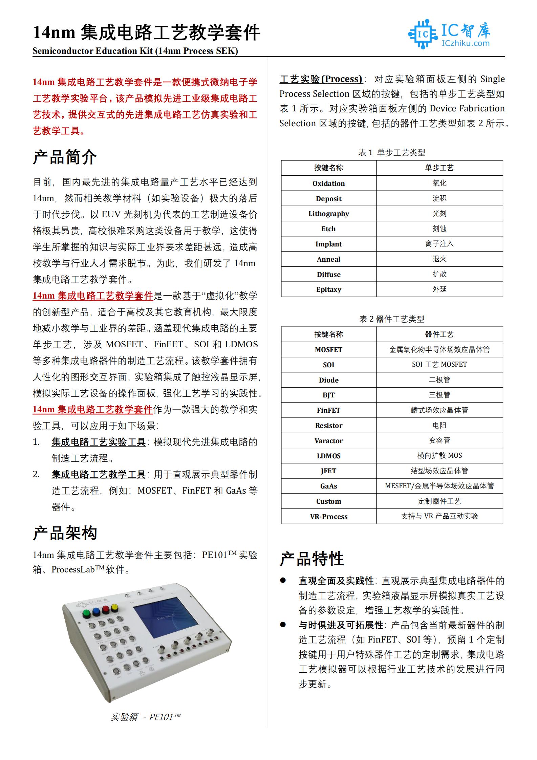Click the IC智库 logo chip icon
click(423, 34)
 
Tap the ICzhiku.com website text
click(465, 43)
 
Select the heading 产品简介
click(65, 157)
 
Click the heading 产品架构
click(65, 533)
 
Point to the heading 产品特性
click(312, 559)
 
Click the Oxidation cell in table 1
click(328, 183)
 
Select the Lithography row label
click(328, 214)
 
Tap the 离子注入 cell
click(439, 244)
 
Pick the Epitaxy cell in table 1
click(328, 289)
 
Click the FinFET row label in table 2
click(328, 410)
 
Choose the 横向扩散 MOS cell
click(439, 456)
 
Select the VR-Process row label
click(328, 517)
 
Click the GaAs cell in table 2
click(328, 486)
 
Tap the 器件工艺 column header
click(439, 334)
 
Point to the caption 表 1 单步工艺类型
click(392, 153)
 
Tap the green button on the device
click(86, 613)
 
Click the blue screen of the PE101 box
click(166, 617)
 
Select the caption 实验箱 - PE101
click(145, 717)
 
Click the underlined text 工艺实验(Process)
click(321, 79)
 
